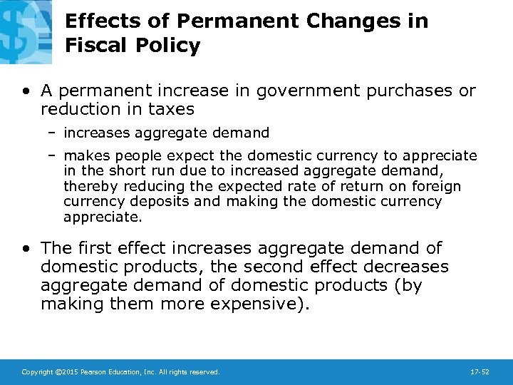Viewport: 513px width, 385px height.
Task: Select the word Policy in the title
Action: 168,46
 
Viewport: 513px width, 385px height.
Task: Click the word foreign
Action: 435,186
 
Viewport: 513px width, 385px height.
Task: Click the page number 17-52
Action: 480,372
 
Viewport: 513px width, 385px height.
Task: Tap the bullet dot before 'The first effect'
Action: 26,249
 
